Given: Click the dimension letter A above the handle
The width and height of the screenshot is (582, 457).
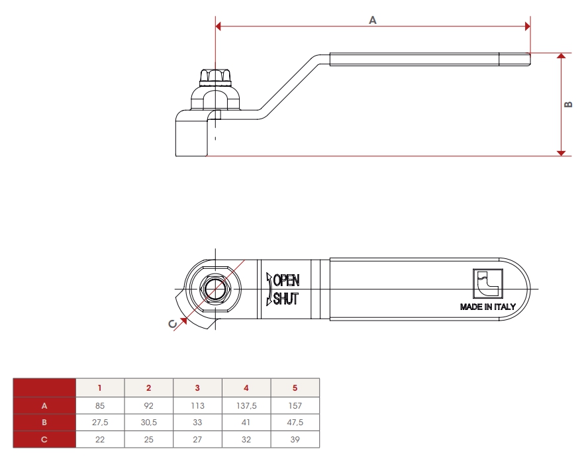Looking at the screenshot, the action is [x=373, y=20].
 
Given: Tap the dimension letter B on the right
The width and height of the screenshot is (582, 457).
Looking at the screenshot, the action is [x=568, y=105].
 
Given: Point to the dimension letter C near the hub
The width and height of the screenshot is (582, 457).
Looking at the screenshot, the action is [x=173, y=324].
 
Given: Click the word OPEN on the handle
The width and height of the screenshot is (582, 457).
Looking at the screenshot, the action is [x=286, y=280].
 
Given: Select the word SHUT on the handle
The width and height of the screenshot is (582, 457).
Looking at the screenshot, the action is [x=286, y=299].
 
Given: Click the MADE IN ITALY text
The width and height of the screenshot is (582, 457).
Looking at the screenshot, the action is [x=488, y=307].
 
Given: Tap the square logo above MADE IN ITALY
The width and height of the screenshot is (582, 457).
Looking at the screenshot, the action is [x=488, y=283].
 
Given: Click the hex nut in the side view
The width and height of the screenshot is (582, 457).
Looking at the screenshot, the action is [x=215, y=77].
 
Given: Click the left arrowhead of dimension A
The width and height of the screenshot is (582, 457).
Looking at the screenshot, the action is [x=218, y=26].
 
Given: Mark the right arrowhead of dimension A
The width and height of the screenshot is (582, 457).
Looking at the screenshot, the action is [x=528, y=26].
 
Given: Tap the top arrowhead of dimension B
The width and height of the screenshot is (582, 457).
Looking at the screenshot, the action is [x=561, y=56].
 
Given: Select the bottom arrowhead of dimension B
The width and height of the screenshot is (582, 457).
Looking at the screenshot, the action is [x=561, y=153].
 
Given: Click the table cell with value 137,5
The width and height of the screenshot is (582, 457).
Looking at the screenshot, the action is [x=246, y=406].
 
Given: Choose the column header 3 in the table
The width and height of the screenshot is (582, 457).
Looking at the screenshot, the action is [x=197, y=388].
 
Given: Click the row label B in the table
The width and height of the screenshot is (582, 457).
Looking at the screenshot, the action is [x=44, y=423].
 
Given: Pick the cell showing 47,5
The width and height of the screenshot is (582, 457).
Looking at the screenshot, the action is [x=295, y=423].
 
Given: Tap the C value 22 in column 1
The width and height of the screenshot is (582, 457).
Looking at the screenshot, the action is [x=100, y=440].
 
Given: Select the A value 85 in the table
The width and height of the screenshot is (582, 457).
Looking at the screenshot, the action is [x=100, y=406].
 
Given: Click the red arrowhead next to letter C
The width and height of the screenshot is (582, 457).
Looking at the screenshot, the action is [x=183, y=321].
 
